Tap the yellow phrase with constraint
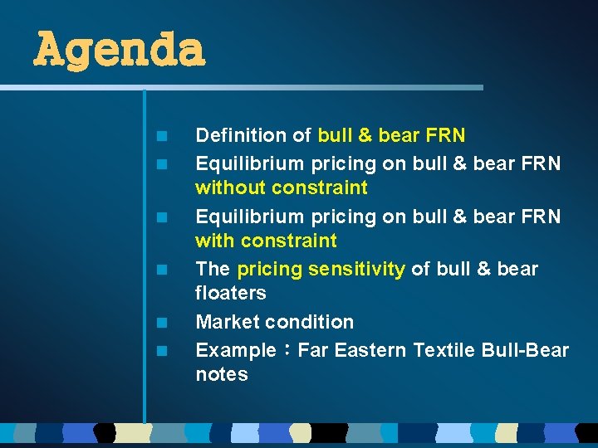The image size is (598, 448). [266, 241]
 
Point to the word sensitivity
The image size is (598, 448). [356, 269]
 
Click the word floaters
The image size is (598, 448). [231, 293]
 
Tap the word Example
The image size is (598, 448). [235, 350]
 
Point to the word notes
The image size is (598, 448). [222, 374]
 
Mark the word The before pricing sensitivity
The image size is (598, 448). [213, 269]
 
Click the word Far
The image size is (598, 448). [312, 350]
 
